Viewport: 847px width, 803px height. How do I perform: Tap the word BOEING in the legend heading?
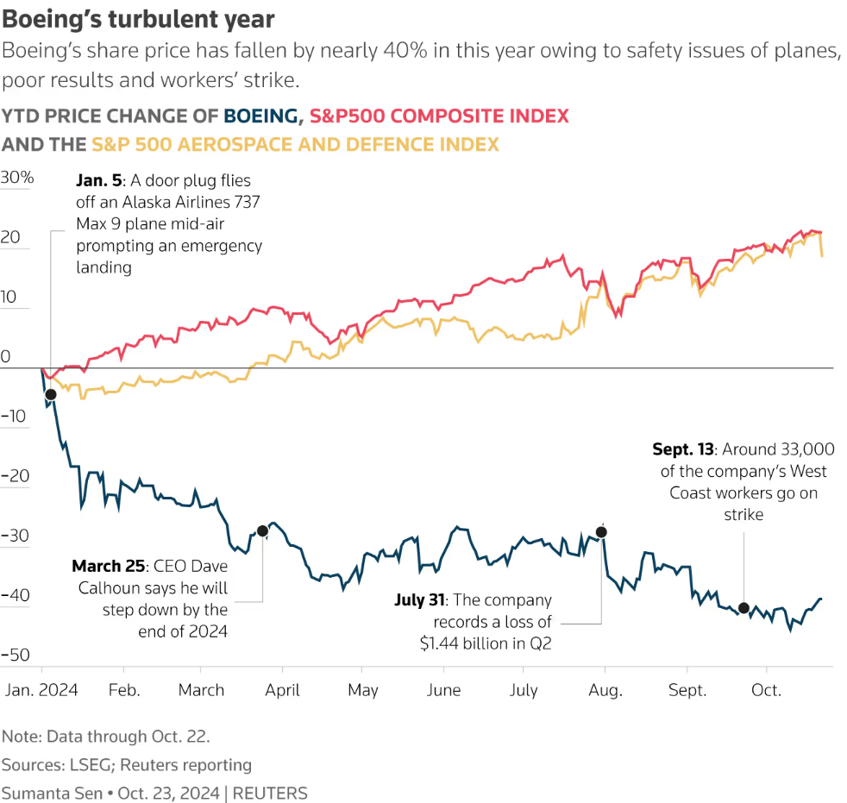click(x=262, y=116)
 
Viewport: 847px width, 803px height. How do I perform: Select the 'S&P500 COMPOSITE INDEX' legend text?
click(x=439, y=116)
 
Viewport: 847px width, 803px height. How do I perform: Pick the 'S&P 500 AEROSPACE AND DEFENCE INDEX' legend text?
click(x=295, y=144)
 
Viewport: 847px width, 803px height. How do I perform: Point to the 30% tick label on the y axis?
click(x=17, y=179)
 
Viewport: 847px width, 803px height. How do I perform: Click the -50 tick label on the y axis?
click(x=17, y=655)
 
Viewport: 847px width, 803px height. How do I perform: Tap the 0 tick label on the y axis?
click(x=6, y=357)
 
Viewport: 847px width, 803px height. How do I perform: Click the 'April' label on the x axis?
click(x=282, y=690)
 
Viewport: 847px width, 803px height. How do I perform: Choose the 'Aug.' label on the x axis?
click(x=605, y=690)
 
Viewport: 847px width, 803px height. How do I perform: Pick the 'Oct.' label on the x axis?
click(x=766, y=690)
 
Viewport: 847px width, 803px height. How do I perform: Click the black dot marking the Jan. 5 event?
click(x=50, y=394)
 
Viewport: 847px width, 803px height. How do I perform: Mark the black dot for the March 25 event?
click(x=262, y=531)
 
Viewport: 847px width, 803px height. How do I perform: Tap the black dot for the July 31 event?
click(x=601, y=532)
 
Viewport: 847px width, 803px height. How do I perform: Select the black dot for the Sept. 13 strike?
click(x=743, y=608)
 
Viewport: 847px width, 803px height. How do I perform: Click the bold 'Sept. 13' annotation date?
click(x=684, y=449)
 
